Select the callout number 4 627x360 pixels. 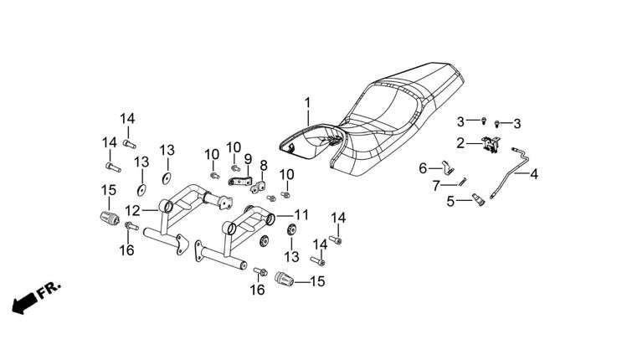533,175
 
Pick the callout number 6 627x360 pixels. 424,168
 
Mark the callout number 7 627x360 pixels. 435,185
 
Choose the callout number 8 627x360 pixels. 264,165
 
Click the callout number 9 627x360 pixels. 248,158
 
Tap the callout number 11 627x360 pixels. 301,214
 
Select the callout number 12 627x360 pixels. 133,209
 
